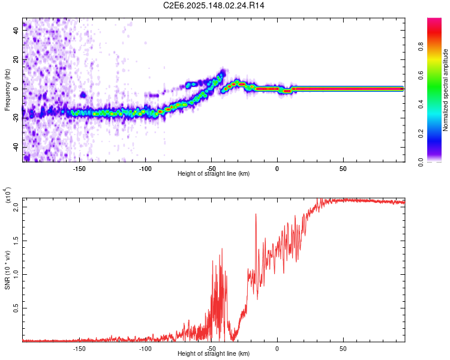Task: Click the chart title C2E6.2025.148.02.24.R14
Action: click(214, 5)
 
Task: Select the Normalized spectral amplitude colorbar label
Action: click(446, 91)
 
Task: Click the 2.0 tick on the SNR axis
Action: click(17, 207)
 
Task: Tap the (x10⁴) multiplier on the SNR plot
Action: click(8, 196)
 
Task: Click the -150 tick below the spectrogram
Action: click(79, 168)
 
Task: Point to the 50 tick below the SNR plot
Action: click(343, 348)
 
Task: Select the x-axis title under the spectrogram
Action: click(214, 173)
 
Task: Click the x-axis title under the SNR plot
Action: click(214, 354)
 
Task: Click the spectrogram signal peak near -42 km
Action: click(223, 73)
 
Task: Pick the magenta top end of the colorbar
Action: click(434, 21)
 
